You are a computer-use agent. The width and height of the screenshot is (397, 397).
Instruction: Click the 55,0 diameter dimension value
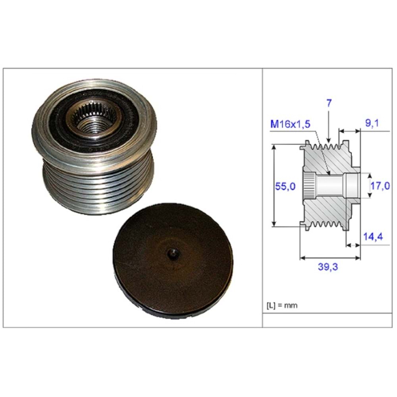(285, 187)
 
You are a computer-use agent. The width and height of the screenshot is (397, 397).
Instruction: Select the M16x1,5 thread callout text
(291, 124)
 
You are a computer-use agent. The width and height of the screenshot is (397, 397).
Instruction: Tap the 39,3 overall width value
(328, 267)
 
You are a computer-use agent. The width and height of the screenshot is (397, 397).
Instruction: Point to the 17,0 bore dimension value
(380, 186)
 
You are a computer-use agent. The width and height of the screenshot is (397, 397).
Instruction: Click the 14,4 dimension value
(373, 237)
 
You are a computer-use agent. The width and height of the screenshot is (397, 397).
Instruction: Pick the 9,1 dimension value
(372, 123)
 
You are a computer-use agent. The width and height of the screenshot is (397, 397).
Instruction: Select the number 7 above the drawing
(329, 103)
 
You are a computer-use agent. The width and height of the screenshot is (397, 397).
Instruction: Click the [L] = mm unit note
(282, 305)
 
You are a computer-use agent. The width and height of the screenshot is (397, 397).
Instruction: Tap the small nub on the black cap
(173, 253)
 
